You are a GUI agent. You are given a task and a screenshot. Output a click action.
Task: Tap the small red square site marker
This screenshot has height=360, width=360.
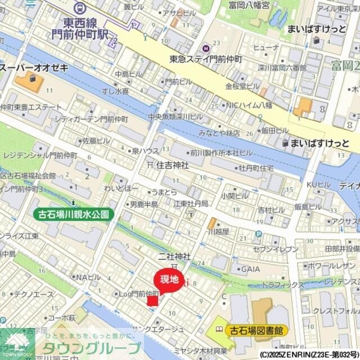click(x=152, y=300)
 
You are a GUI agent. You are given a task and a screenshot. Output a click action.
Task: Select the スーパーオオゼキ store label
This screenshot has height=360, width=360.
click(x=34, y=68)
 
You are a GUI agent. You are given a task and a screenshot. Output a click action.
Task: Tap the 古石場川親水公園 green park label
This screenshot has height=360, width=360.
click(x=73, y=214)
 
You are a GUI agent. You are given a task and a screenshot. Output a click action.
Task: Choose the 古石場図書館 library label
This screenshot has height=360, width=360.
click(x=255, y=330)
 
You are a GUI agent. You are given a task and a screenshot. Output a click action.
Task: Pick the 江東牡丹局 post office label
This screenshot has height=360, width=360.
click(x=191, y=203)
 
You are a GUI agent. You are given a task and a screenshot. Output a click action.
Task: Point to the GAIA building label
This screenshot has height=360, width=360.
click(x=250, y=269)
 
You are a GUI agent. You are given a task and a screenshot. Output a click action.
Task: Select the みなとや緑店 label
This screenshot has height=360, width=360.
click(x=219, y=133)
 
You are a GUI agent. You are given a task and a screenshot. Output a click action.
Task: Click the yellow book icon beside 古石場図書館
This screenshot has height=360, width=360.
click(x=218, y=330)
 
